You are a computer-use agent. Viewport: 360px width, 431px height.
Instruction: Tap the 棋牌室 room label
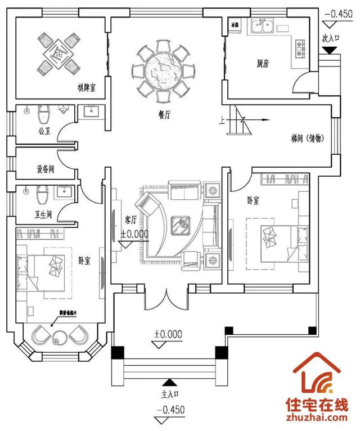(x=86, y=88)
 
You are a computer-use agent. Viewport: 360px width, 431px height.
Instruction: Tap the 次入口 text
(x=330, y=39)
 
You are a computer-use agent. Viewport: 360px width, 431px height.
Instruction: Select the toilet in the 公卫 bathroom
(x=42, y=116)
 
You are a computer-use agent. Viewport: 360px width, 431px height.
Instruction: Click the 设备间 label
(x=44, y=168)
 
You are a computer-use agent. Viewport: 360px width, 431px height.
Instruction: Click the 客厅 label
(x=131, y=218)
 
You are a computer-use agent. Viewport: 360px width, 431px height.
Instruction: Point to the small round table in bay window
(x=58, y=339)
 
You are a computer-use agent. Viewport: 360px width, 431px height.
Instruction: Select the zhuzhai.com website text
(x=315, y=417)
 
